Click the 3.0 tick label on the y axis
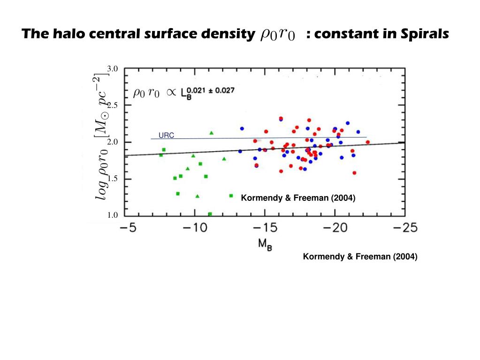pos(112,69)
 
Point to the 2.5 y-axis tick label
pos(112,105)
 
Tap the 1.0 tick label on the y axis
pos(112,215)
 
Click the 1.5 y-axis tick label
pos(112,179)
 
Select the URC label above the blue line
pos(166,136)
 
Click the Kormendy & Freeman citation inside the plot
pos(298,199)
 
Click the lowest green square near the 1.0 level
pos(210,214)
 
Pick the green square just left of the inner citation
pos(231,196)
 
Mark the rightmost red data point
pos(367,142)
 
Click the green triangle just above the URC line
pos(212,133)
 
